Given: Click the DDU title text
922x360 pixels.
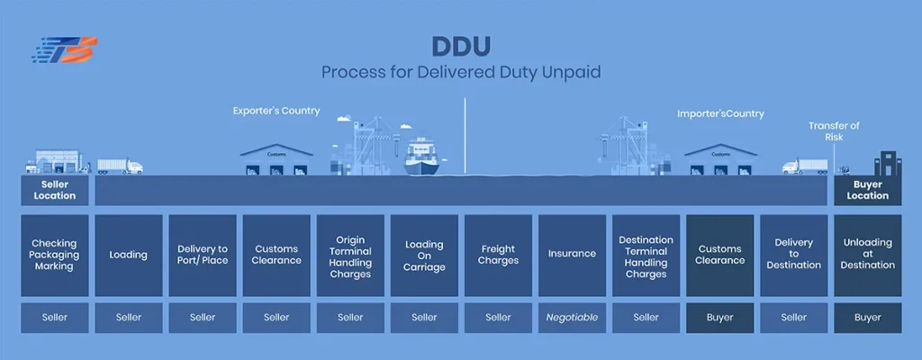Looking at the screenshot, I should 461,45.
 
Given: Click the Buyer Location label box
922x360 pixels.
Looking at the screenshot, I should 867,190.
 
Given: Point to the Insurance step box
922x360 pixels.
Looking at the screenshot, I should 572,255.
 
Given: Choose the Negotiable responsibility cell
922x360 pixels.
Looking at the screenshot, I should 572,318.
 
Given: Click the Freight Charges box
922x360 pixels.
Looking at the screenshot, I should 498,255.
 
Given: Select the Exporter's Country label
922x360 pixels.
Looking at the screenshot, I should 276,112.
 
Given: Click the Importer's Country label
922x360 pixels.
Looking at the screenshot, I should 720,114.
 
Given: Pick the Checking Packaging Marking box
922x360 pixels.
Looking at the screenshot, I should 55,255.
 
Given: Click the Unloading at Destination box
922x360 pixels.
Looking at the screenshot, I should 867,255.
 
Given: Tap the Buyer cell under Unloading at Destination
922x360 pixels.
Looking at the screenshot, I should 867,318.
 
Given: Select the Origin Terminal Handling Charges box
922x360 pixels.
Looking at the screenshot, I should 350,255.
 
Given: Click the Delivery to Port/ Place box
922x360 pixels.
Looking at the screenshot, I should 203,255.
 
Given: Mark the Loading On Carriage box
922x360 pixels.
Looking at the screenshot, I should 424,255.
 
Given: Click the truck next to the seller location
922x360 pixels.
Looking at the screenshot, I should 119,166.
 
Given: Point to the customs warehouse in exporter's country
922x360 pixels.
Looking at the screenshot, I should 276,159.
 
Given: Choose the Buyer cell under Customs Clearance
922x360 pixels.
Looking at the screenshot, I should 719,318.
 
